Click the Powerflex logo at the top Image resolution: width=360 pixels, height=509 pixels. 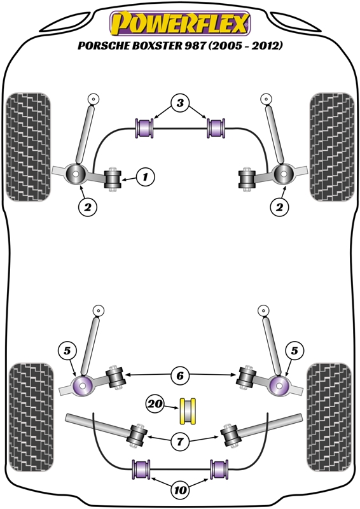(180, 23)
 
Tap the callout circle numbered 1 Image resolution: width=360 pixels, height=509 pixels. (145, 177)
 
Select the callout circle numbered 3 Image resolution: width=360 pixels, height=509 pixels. (180, 103)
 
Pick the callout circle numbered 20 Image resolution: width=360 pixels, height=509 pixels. (155, 404)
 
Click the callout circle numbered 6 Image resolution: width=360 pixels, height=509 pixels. (180, 375)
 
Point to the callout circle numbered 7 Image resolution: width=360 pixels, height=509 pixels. (180, 441)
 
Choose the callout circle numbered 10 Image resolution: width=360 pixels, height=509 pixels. (180, 490)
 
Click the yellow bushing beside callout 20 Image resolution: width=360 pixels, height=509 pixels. (188, 411)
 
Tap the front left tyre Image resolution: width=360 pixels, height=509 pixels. (29, 148)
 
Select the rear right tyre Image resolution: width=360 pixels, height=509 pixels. (329, 417)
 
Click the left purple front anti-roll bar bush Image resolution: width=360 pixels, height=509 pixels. (144, 129)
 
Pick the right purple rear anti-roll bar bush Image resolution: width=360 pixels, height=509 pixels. (219, 469)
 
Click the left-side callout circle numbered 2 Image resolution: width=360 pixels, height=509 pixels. (88, 206)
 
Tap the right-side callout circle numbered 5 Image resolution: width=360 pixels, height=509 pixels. (294, 351)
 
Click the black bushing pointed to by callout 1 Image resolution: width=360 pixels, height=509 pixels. (113, 179)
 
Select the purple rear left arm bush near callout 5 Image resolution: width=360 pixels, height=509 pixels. (83, 386)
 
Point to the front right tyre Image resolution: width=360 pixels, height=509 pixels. (332, 148)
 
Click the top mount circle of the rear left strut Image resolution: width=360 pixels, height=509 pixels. (98, 310)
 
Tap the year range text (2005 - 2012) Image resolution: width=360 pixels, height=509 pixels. (246, 45)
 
